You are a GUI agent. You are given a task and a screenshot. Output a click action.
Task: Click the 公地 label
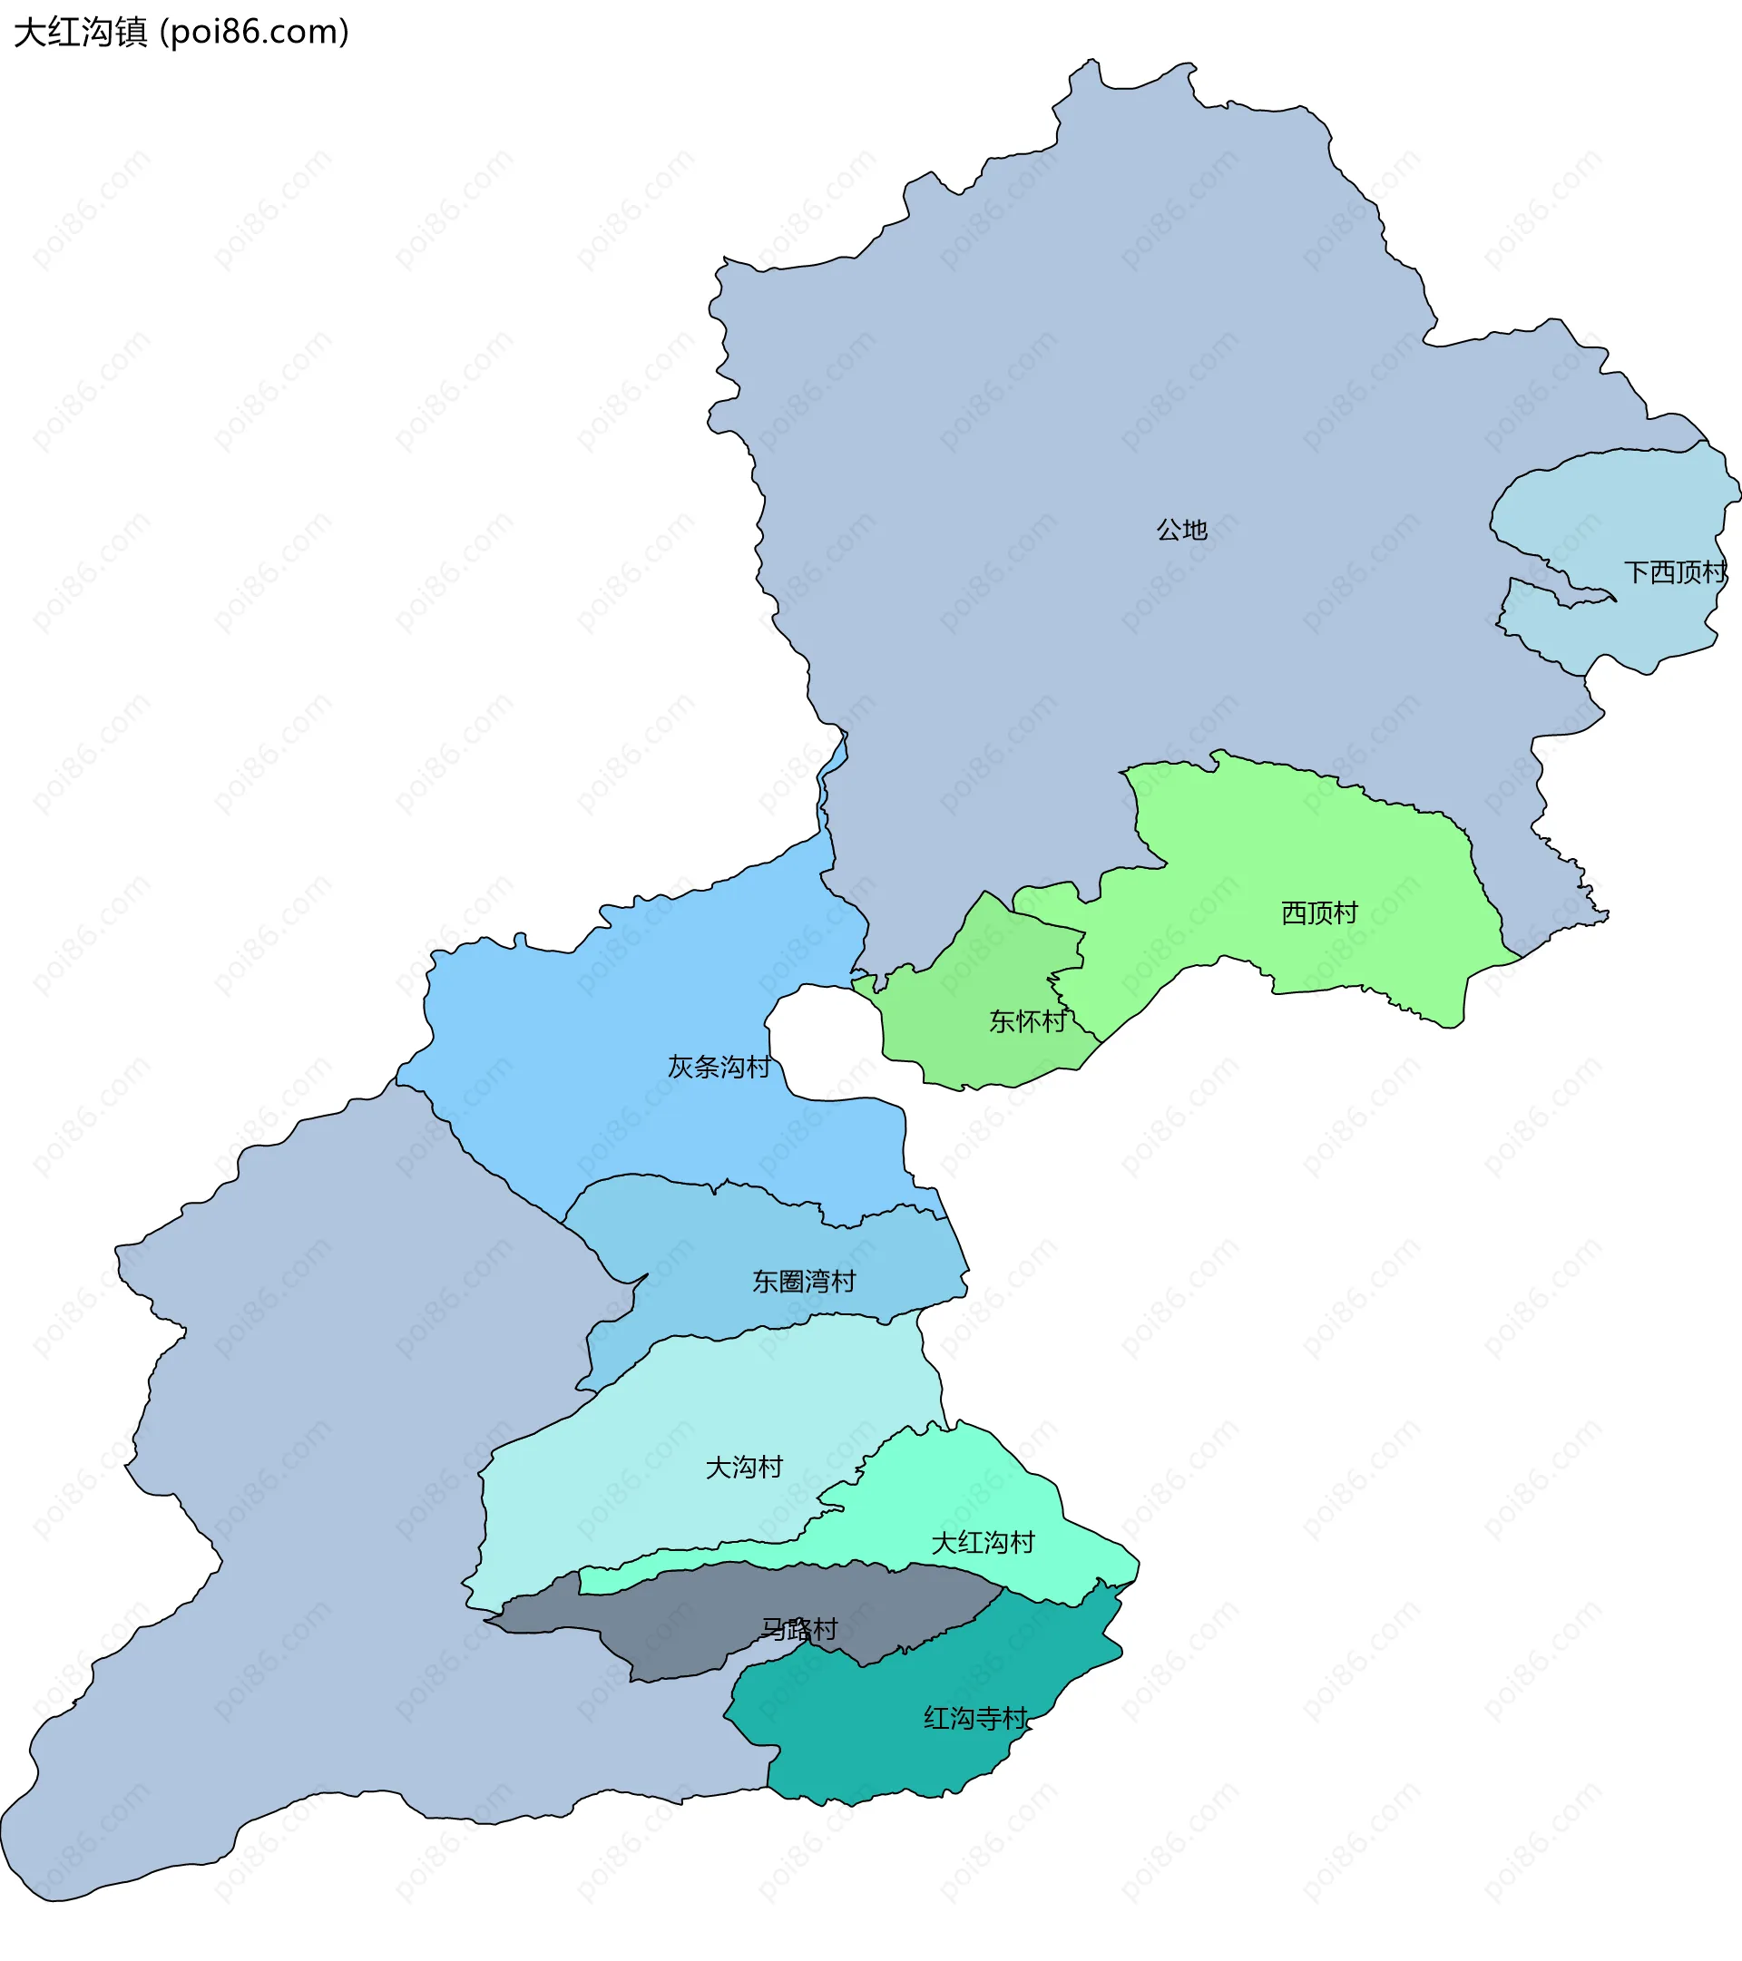[1180, 530]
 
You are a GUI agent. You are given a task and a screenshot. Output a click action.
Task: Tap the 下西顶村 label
[1674, 572]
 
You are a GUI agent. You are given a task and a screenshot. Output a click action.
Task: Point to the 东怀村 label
[1027, 1020]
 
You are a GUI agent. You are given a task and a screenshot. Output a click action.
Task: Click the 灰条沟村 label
[719, 1067]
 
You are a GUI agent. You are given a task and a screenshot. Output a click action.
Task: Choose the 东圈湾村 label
[803, 1282]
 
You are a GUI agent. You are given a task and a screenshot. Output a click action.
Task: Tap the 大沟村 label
[744, 1468]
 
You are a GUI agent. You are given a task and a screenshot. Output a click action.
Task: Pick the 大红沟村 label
[983, 1544]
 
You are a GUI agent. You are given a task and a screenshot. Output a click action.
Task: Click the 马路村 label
[798, 1629]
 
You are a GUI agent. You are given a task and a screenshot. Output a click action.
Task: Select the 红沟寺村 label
[975, 1718]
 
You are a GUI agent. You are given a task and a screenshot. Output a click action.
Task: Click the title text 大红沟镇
[81, 33]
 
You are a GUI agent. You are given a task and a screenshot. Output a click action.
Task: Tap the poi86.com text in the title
[254, 33]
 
